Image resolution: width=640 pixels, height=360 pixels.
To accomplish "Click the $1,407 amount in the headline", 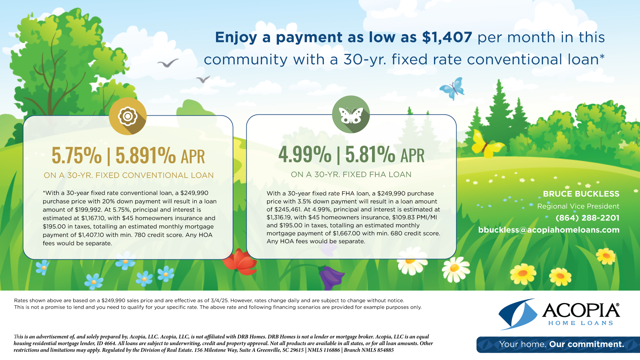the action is point(447,37).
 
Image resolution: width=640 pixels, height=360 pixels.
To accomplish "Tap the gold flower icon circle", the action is point(128,116).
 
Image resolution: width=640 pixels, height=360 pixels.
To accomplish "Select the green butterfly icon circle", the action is point(351,114).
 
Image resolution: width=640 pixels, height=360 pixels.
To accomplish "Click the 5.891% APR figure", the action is point(160,155).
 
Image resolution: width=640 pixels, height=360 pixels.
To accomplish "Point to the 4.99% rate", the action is point(305,154).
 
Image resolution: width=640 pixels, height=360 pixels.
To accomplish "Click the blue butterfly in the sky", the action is point(452,88).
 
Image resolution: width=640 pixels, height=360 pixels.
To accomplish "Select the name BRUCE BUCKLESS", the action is point(581,194).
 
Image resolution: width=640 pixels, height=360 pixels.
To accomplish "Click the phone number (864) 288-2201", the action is point(587,218).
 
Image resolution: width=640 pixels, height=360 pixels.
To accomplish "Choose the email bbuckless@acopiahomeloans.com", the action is point(549,230).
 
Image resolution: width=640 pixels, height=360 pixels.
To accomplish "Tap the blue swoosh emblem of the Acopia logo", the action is point(518,314).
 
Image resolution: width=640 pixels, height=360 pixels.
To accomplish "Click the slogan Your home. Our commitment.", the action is point(561,344).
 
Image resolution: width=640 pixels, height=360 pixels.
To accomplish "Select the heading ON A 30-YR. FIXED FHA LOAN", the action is point(351,174).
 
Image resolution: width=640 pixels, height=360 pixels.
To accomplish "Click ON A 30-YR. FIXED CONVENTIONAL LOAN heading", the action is point(129,175).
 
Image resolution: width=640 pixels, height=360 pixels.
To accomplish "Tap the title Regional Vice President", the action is point(578,206).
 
